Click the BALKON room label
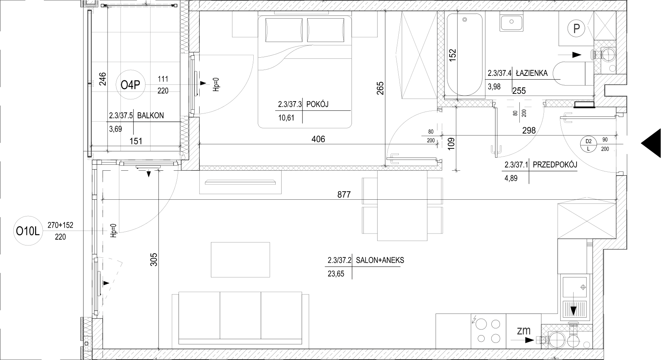click(150, 116)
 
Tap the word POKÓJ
click(317, 105)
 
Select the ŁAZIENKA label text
click(532, 73)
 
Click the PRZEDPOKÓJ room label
click(555, 165)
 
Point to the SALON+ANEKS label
click(380, 260)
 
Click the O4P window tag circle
click(130, 85)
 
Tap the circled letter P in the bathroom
click(577, 29)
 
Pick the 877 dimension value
click(344, 195)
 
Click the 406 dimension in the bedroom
click(318, 139)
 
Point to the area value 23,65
click(336, 274)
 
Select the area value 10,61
click(286, 118)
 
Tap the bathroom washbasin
click(512, 23)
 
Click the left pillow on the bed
click(283, 30)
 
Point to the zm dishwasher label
click(524, 330)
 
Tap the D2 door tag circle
click(588, 144)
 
